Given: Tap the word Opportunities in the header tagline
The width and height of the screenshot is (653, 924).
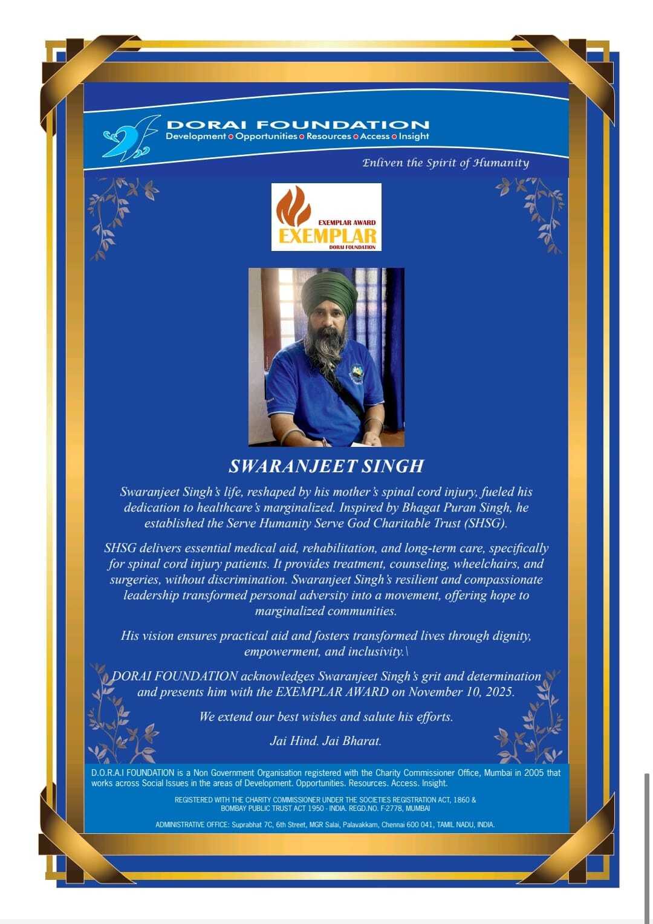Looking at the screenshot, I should point(266,137).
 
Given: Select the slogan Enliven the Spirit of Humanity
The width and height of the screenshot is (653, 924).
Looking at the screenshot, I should point(446,163).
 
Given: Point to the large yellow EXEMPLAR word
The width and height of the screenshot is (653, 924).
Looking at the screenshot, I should point(328,235).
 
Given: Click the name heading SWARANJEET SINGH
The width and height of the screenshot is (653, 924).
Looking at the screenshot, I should point(326,466).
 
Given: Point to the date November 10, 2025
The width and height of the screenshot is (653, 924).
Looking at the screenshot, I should point(461,692).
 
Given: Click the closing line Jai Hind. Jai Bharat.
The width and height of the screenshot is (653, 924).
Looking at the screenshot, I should point(326,741).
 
